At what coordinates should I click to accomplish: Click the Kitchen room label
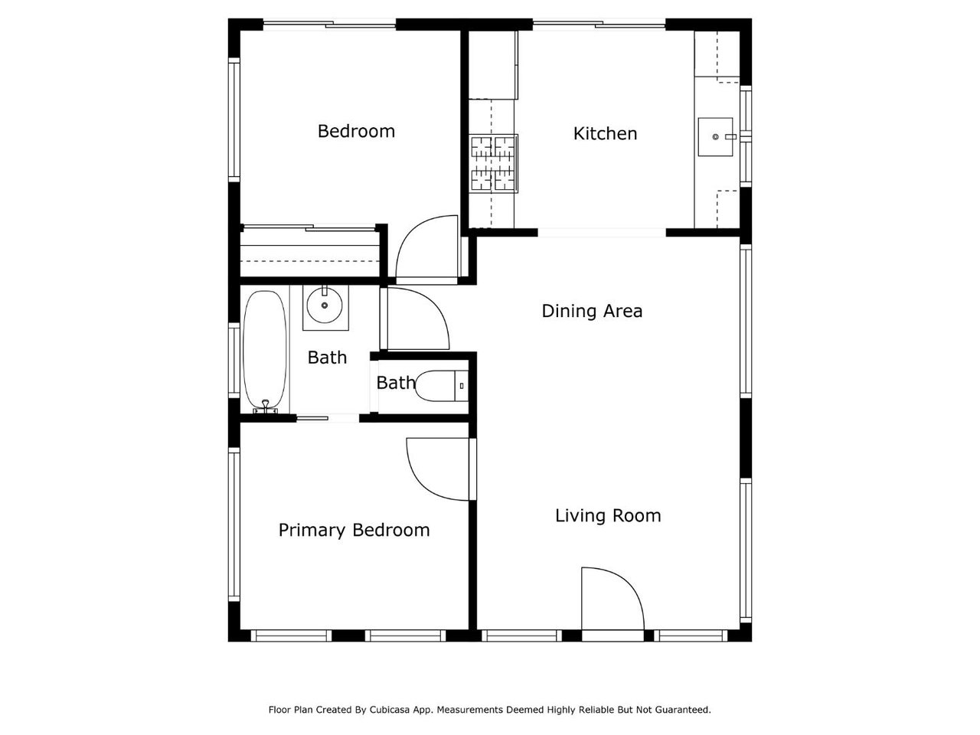605,133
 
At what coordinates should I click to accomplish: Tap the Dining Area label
592,311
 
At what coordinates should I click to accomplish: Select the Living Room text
608,516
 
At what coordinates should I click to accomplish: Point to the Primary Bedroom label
354,530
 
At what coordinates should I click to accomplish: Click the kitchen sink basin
715,137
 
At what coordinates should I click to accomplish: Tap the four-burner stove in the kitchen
493,164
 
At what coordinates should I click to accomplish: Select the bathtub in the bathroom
265,351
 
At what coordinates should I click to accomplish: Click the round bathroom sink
325,305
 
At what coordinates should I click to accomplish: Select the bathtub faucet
265,405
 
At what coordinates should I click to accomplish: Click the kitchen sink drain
715,137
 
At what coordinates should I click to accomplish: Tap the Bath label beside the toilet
396,383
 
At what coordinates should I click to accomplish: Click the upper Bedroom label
356,131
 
